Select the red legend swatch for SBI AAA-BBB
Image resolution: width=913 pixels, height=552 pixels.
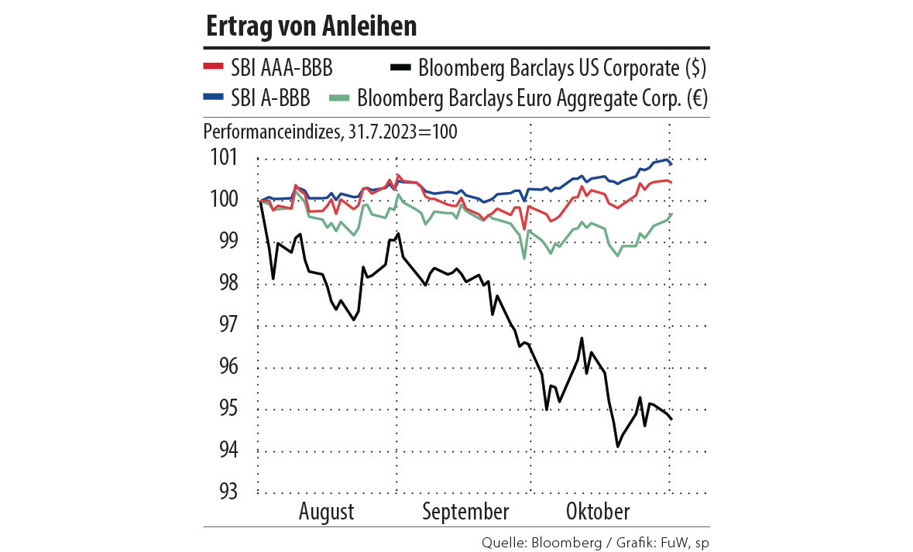[213, 68]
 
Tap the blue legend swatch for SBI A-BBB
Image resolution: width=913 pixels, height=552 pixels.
[213, 98]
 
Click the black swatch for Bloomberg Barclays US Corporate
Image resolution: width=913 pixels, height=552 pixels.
[400, 68]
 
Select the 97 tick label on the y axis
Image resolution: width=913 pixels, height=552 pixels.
[224, 326]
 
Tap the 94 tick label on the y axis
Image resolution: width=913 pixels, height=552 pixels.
[224, 451]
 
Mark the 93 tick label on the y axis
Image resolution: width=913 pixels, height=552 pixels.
[224, 493]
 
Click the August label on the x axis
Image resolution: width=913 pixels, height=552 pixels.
[326, 512]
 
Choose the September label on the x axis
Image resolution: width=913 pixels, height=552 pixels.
[466, 512]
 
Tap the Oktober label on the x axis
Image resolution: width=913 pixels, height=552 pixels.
[598, 512]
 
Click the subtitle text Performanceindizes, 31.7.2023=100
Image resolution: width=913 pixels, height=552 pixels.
[330, 131]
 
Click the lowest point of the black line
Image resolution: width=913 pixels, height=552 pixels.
[617, 447]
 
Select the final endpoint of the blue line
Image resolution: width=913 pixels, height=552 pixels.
[671, 164]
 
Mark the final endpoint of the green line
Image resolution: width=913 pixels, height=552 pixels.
[671, 214]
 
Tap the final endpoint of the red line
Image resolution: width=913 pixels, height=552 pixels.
[671, 183]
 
